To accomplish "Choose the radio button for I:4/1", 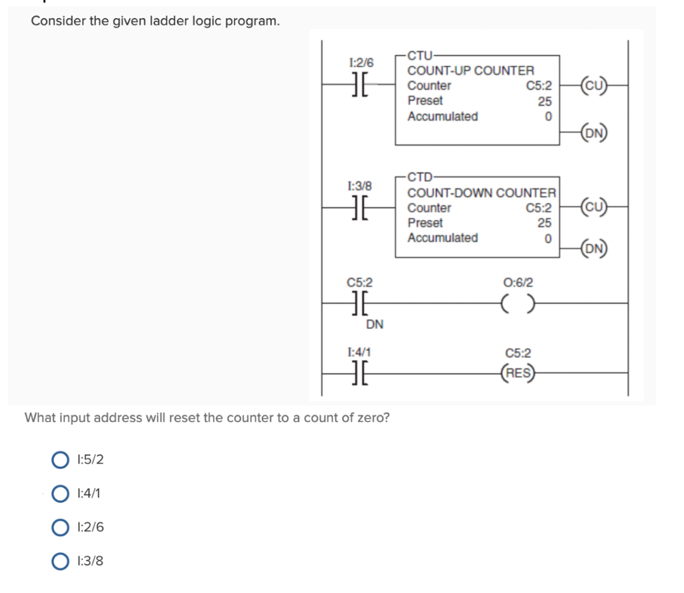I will [x=61, y=493].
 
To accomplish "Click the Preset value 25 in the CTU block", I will [x=545, y=102].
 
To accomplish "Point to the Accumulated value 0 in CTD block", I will [x=548, y=238].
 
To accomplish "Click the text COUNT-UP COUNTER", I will [x=471, y=70].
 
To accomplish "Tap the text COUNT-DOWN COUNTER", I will [x=482, y=193].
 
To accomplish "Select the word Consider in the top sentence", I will [x=58, y=21].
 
